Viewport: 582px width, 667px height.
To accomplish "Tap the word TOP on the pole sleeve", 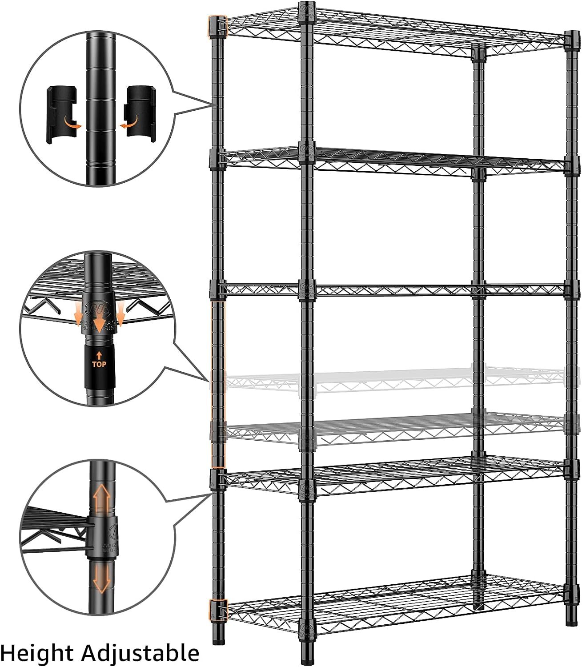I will pyautogui.click(x=99, y=364).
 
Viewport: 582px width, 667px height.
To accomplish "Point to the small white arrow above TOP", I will pyautogui.click(x=99, y=355).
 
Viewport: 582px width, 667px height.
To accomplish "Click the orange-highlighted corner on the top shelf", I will pyautogui.click(x=217, y=26).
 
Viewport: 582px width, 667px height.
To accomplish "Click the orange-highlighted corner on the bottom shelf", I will pyautogui.click(x=218, y=610).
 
